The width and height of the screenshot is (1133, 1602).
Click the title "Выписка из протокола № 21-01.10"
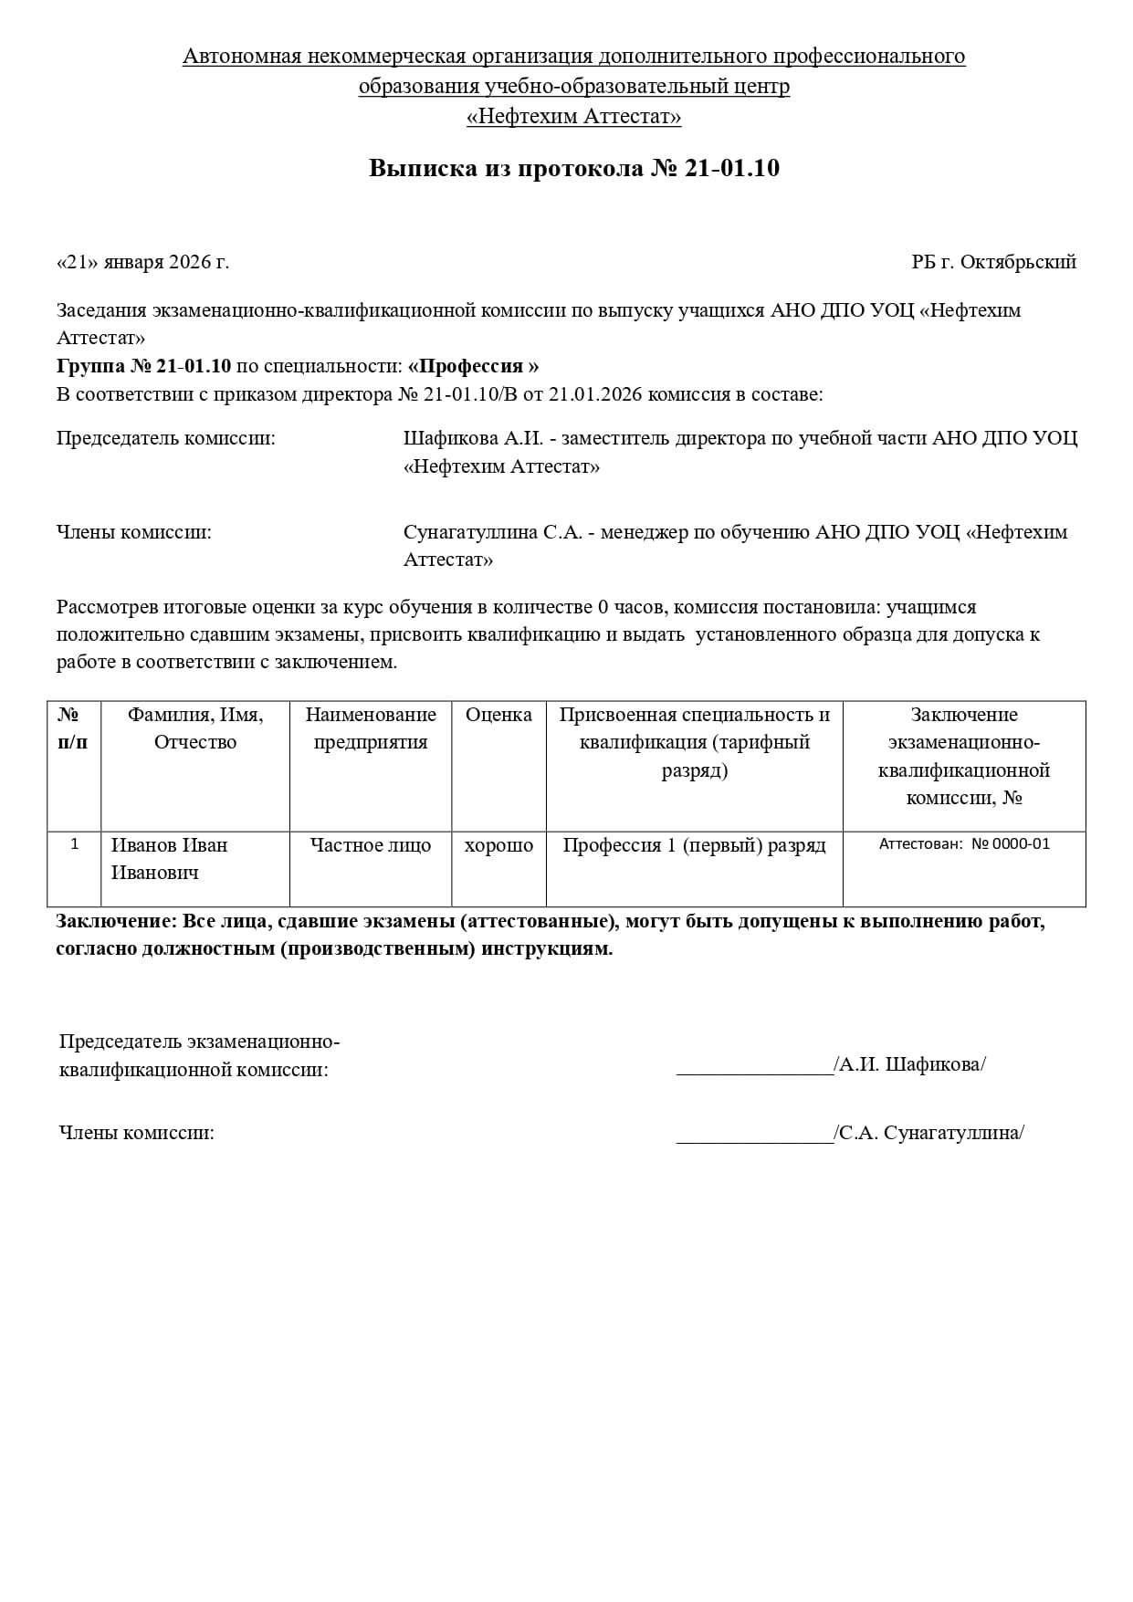[573, 169]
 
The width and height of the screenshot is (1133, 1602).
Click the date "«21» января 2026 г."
[142, 263]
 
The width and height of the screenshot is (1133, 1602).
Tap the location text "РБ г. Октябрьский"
[993, 263]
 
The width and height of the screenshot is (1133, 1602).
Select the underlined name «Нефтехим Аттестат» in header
[573, 117]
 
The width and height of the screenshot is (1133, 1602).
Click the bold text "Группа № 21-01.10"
[143, 366]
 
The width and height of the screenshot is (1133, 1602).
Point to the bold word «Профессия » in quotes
[473, 366]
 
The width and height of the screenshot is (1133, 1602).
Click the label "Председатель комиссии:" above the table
[165, 438]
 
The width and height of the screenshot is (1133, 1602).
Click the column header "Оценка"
[498, 715]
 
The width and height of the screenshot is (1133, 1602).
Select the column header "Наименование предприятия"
[371, 728]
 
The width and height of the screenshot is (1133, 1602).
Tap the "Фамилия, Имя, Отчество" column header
[195, 728]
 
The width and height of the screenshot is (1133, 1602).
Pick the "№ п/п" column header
[73, 728]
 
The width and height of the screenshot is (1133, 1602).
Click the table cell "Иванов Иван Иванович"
[169, 859]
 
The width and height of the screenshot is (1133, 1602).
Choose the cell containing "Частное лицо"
[371, 845]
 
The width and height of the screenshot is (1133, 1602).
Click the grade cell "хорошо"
[498, 845]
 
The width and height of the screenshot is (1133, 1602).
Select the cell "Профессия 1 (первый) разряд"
[694, 845]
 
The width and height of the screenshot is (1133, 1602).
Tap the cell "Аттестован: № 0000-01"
[964, 844]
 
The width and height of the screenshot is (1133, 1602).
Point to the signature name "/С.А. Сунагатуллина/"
[929, 1134]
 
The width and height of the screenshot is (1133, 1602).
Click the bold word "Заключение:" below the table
[117, 921]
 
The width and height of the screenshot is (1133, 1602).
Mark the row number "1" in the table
[74, 844]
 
